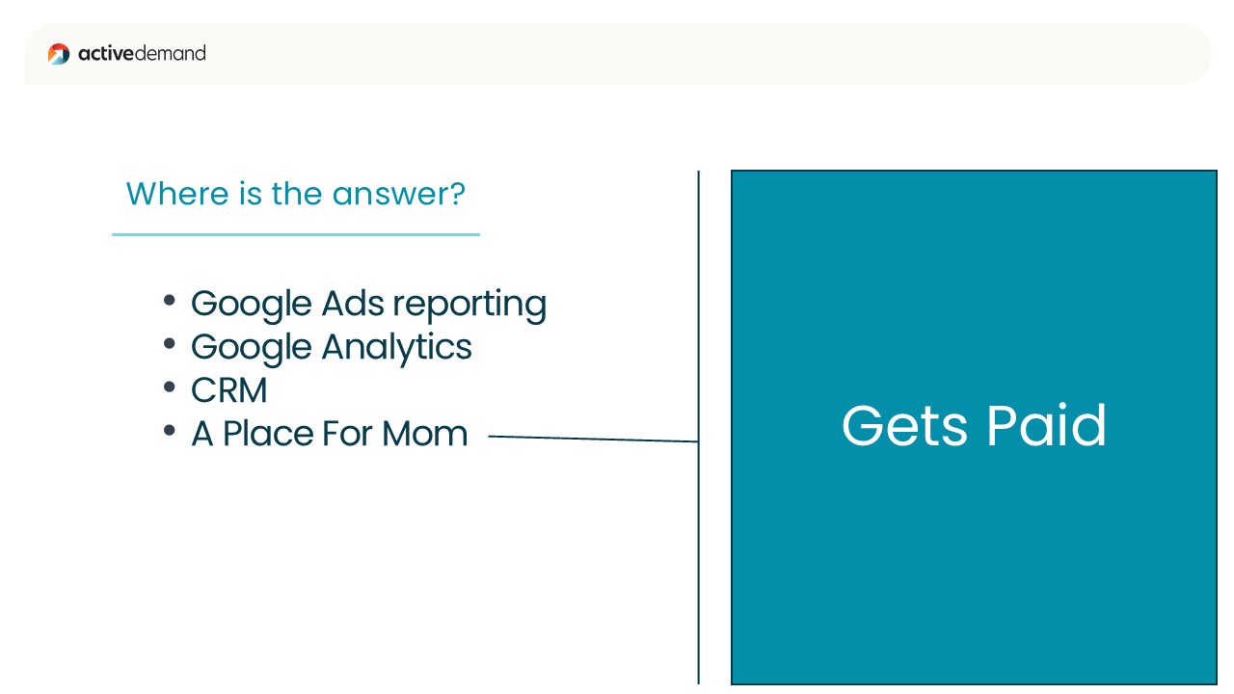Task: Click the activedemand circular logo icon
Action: (59, 54)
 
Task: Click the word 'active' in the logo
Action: (106, 53)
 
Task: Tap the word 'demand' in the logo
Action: (171, 53)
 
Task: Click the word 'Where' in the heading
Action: (176, 194)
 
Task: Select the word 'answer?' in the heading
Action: (399, 194)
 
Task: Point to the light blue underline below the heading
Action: (296, 234)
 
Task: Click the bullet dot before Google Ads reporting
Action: (170, 301)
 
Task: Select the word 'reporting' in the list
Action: (469, 305)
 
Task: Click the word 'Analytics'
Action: (396, 348)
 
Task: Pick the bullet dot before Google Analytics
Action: (170, 344)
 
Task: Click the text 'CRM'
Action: (229, 390)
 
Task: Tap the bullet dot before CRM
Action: (170, 387)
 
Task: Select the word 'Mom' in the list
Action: (425, 434)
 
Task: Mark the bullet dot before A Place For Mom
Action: (170, 430)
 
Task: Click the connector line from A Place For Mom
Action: (593, 439)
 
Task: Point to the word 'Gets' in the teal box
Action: (904, 426)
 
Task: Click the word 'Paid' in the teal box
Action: (1046, 425)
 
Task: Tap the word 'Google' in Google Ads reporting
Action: (252, 305)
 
